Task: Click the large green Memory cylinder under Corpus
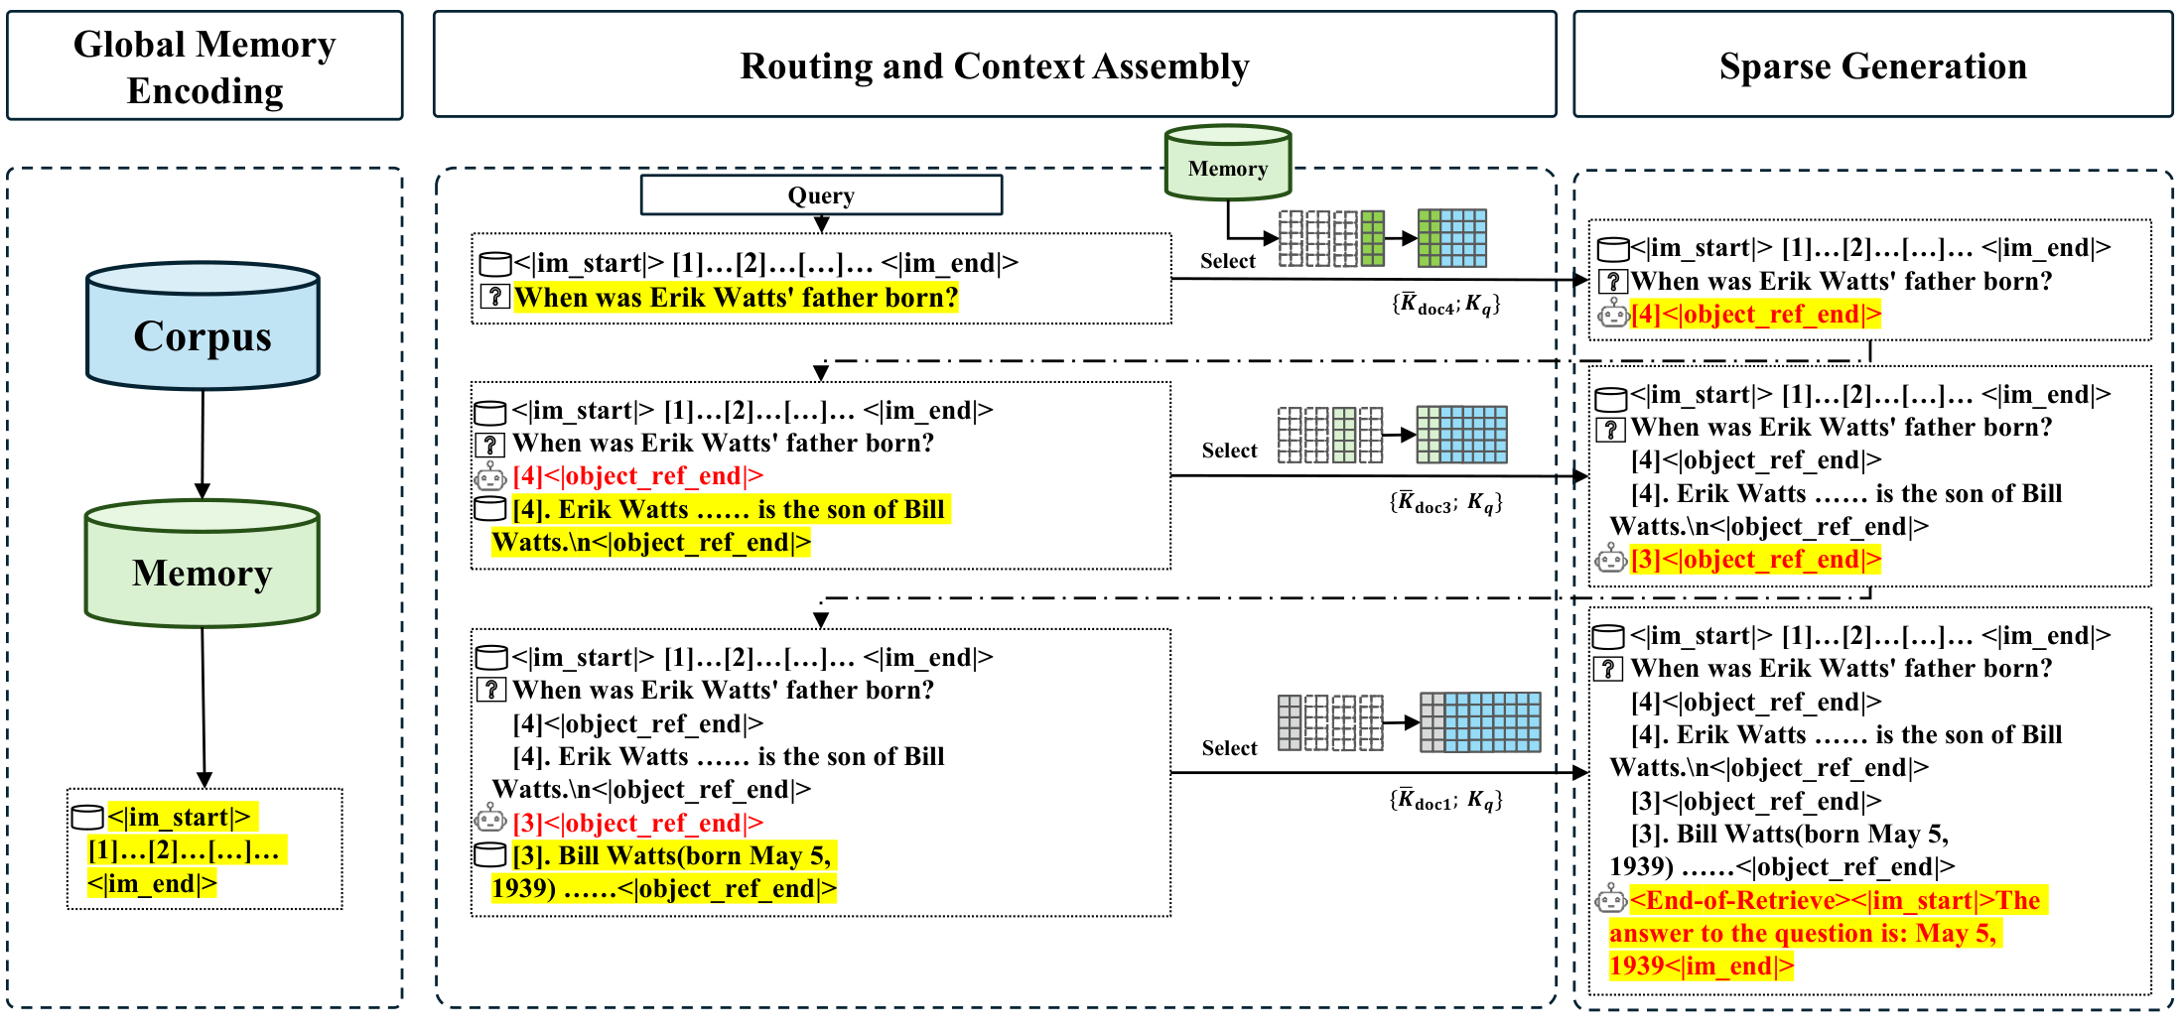(x=203, y=572)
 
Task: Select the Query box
(x=821, y=195)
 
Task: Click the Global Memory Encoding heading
(x=205, y=66)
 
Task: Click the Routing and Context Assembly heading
(x=994, y=65)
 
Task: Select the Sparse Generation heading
(x=1872, y=65)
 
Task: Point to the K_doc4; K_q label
(x=1445, y=305)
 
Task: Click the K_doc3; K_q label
(x=1445, y=503)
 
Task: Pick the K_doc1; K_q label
(x=1445, y=800)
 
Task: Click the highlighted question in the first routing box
(x=736, y=298)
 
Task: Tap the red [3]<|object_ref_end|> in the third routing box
(x=637, y=823)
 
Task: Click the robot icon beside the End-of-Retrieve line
(x=1610, y=900)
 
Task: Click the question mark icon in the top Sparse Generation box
(x=1613, y=282)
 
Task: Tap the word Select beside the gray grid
(x=1229, y=748)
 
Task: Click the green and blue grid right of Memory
(x=1451, y=238)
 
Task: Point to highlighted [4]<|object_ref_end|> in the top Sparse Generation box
(x=1755, y=315)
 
